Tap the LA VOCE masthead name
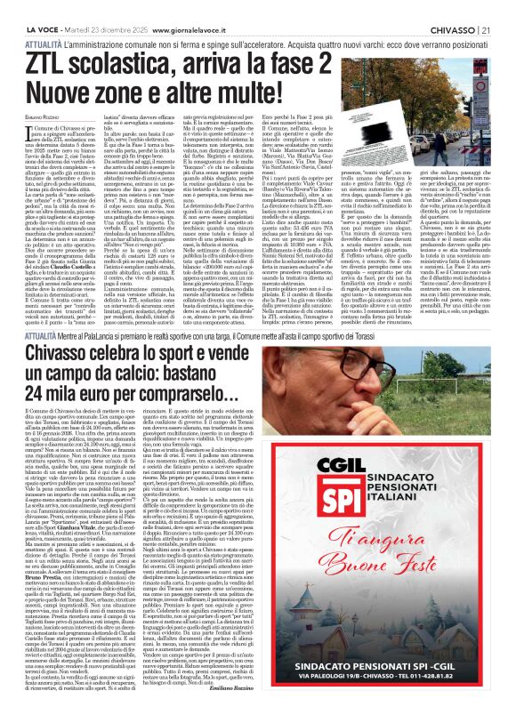[x=24, y=7]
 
